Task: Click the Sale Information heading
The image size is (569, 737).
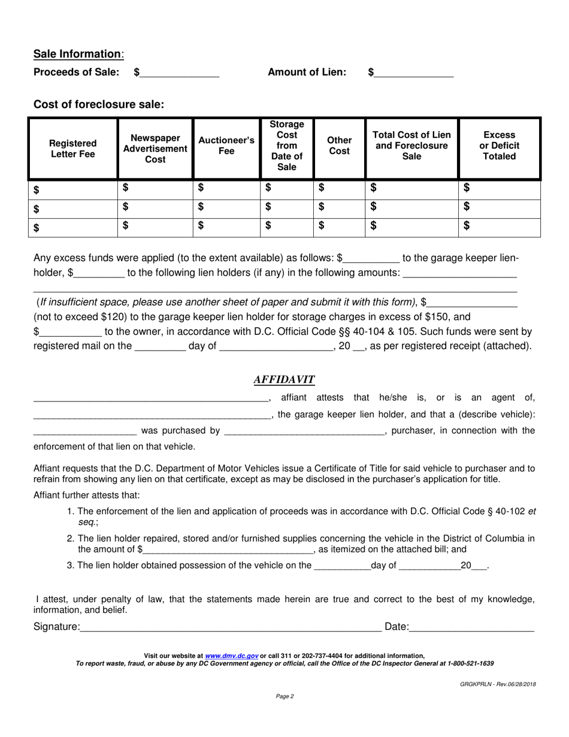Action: point(78,54)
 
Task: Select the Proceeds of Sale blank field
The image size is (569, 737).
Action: point(180,73)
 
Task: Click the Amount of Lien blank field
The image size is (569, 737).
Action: point(414,73)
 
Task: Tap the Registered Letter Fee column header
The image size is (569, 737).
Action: point(72,149)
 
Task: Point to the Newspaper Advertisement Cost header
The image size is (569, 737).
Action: point(155,149)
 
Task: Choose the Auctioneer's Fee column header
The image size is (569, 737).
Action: point(226,146)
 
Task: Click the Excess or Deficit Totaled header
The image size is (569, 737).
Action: point(500,146)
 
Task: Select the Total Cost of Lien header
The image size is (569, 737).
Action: point(412,146)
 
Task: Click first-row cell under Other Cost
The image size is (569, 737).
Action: point(340,188)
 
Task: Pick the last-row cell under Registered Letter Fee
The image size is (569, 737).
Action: point(72,227)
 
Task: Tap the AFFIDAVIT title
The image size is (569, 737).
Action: point(284,379)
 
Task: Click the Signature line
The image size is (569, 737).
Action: point(231,627)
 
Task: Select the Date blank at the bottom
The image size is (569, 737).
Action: point(472,627)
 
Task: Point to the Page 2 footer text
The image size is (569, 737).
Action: point(284,696)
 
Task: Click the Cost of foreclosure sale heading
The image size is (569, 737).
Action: point(99,104)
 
